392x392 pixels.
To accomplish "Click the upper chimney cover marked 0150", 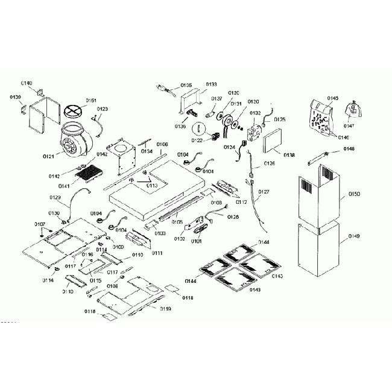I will point(318,196).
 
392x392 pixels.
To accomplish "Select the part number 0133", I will point(212,84).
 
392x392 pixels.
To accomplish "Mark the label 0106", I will point(162,145).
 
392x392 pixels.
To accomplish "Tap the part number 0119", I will point(165,309).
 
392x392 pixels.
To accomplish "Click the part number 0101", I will point(196,241).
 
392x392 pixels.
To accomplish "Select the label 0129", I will point(55,198).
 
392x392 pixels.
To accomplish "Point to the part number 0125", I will point(280,120).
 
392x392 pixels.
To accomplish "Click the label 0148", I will point(349,148).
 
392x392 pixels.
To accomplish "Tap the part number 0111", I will point(157,253).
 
